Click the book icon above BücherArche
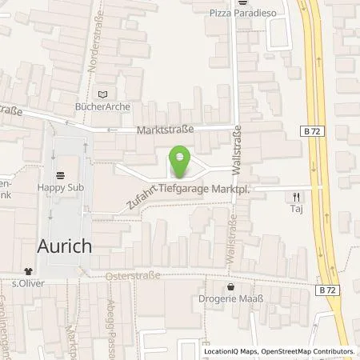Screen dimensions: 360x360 pos(102,94)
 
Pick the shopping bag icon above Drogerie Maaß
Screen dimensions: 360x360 pos(231,286)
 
